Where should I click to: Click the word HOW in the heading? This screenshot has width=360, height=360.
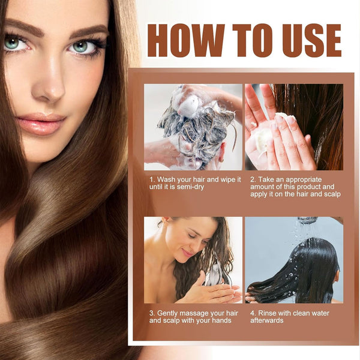186,40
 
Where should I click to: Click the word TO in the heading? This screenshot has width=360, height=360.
253,40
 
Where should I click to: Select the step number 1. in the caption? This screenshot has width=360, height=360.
152,179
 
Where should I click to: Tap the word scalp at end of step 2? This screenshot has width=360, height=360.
332,194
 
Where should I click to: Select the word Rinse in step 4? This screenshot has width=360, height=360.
267,313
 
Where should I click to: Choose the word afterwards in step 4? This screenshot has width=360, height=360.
267,320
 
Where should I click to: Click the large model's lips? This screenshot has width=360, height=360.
41,124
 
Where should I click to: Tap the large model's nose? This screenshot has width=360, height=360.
49,87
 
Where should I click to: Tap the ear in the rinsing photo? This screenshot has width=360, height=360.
337,277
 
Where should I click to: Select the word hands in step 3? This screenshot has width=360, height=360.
221,320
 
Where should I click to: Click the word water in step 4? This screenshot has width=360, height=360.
320,313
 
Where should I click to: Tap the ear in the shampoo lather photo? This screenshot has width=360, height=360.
221,152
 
